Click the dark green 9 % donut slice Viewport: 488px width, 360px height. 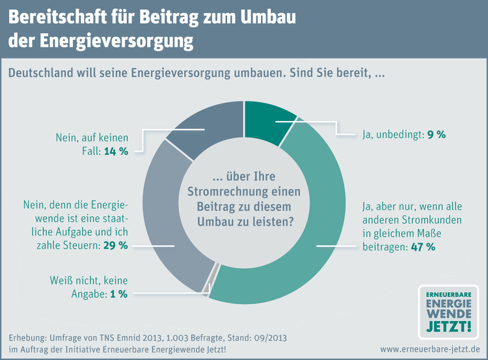coord(266,121)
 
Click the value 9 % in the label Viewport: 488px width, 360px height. coord(436,135)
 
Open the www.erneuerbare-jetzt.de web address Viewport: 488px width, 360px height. coord(430,350)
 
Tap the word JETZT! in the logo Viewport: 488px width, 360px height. coord(447,324)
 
